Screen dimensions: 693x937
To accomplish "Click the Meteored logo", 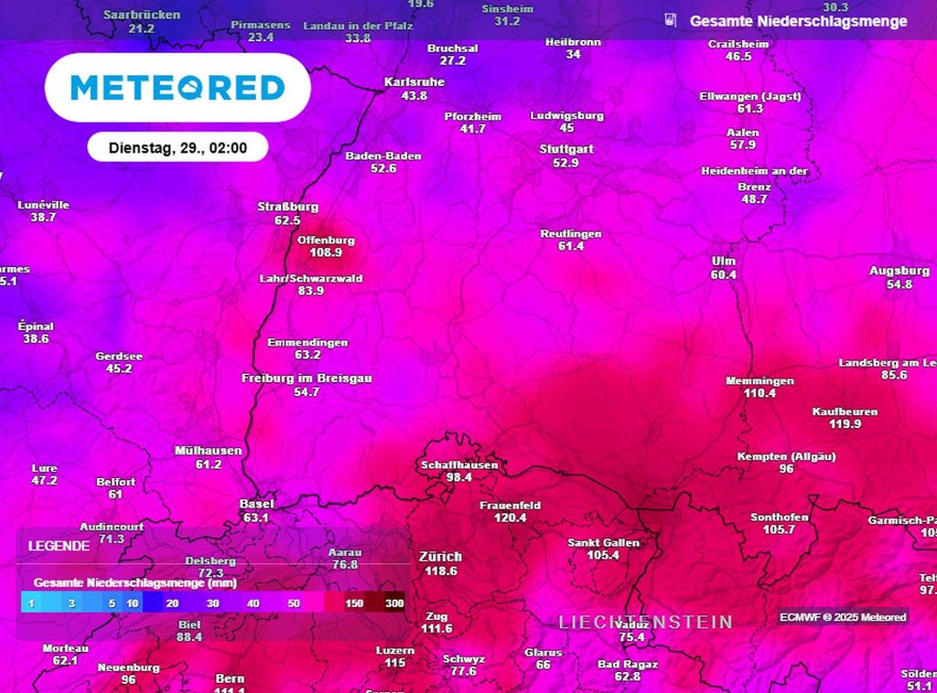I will tap(178, 88).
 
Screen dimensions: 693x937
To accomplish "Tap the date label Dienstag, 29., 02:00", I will tap(178, 147).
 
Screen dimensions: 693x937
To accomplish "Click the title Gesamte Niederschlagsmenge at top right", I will tap(798, 21).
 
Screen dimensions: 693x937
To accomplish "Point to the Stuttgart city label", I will tap(566, 149).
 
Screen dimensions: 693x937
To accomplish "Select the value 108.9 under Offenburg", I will tap(326, 252).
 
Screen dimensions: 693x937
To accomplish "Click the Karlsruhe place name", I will tap(415, 82).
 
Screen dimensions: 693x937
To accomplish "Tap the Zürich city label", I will tap(440, 557).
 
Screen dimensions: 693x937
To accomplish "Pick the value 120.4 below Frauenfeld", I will tap(511, 518).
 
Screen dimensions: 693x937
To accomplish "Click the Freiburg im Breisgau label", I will tap(307, 378).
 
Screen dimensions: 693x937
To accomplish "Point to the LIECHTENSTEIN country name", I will tap(646, 623).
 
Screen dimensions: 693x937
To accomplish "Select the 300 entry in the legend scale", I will tap(394, 603).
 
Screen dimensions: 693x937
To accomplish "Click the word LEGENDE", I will tap(59, 546).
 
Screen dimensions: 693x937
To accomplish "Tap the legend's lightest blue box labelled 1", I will tap(31, 603).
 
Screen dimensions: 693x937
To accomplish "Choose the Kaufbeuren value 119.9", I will tap(845, 424).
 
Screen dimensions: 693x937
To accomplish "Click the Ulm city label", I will tap(724, 261).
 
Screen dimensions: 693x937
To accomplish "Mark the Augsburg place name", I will tap(899, 272).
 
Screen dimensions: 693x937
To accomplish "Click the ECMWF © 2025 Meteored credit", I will tap(843, 617).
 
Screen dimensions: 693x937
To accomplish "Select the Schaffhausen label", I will tap(459, 465).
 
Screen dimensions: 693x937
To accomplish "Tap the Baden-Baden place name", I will tap(383, 156).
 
